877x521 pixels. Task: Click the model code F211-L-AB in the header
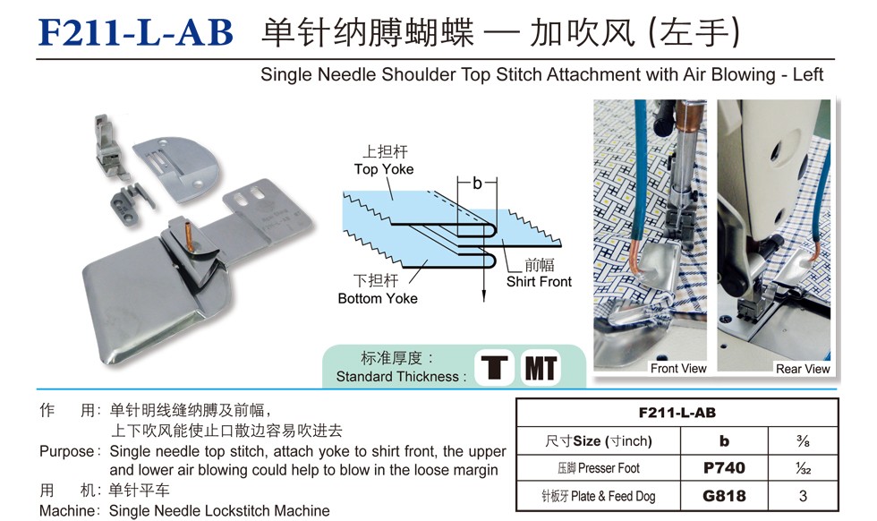coord(135,32)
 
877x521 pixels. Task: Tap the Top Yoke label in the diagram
coord(384,169)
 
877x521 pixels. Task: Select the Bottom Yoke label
coord(378,298)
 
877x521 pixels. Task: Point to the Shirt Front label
coord(539,281)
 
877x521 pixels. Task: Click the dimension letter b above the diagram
coord(477,183)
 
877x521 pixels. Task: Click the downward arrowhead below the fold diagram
coord(484,296)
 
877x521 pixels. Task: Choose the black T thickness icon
coord(494,368)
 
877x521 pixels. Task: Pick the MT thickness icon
coord(541,368)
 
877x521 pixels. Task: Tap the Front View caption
coord(678,368)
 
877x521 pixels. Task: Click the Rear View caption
coord(803,369)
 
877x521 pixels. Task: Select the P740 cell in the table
coord(724,468)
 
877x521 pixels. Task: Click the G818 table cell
coord(724,496)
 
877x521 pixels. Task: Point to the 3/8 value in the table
coord(804,441)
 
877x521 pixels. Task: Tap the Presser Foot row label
coord(598,468)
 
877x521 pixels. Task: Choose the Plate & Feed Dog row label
coord(598,496)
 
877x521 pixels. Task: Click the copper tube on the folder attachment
coord(190,236)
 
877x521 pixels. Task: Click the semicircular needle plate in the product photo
coord(178,164)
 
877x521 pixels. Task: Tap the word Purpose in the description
coord(66,451)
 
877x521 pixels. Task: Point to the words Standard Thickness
coord(397,377)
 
